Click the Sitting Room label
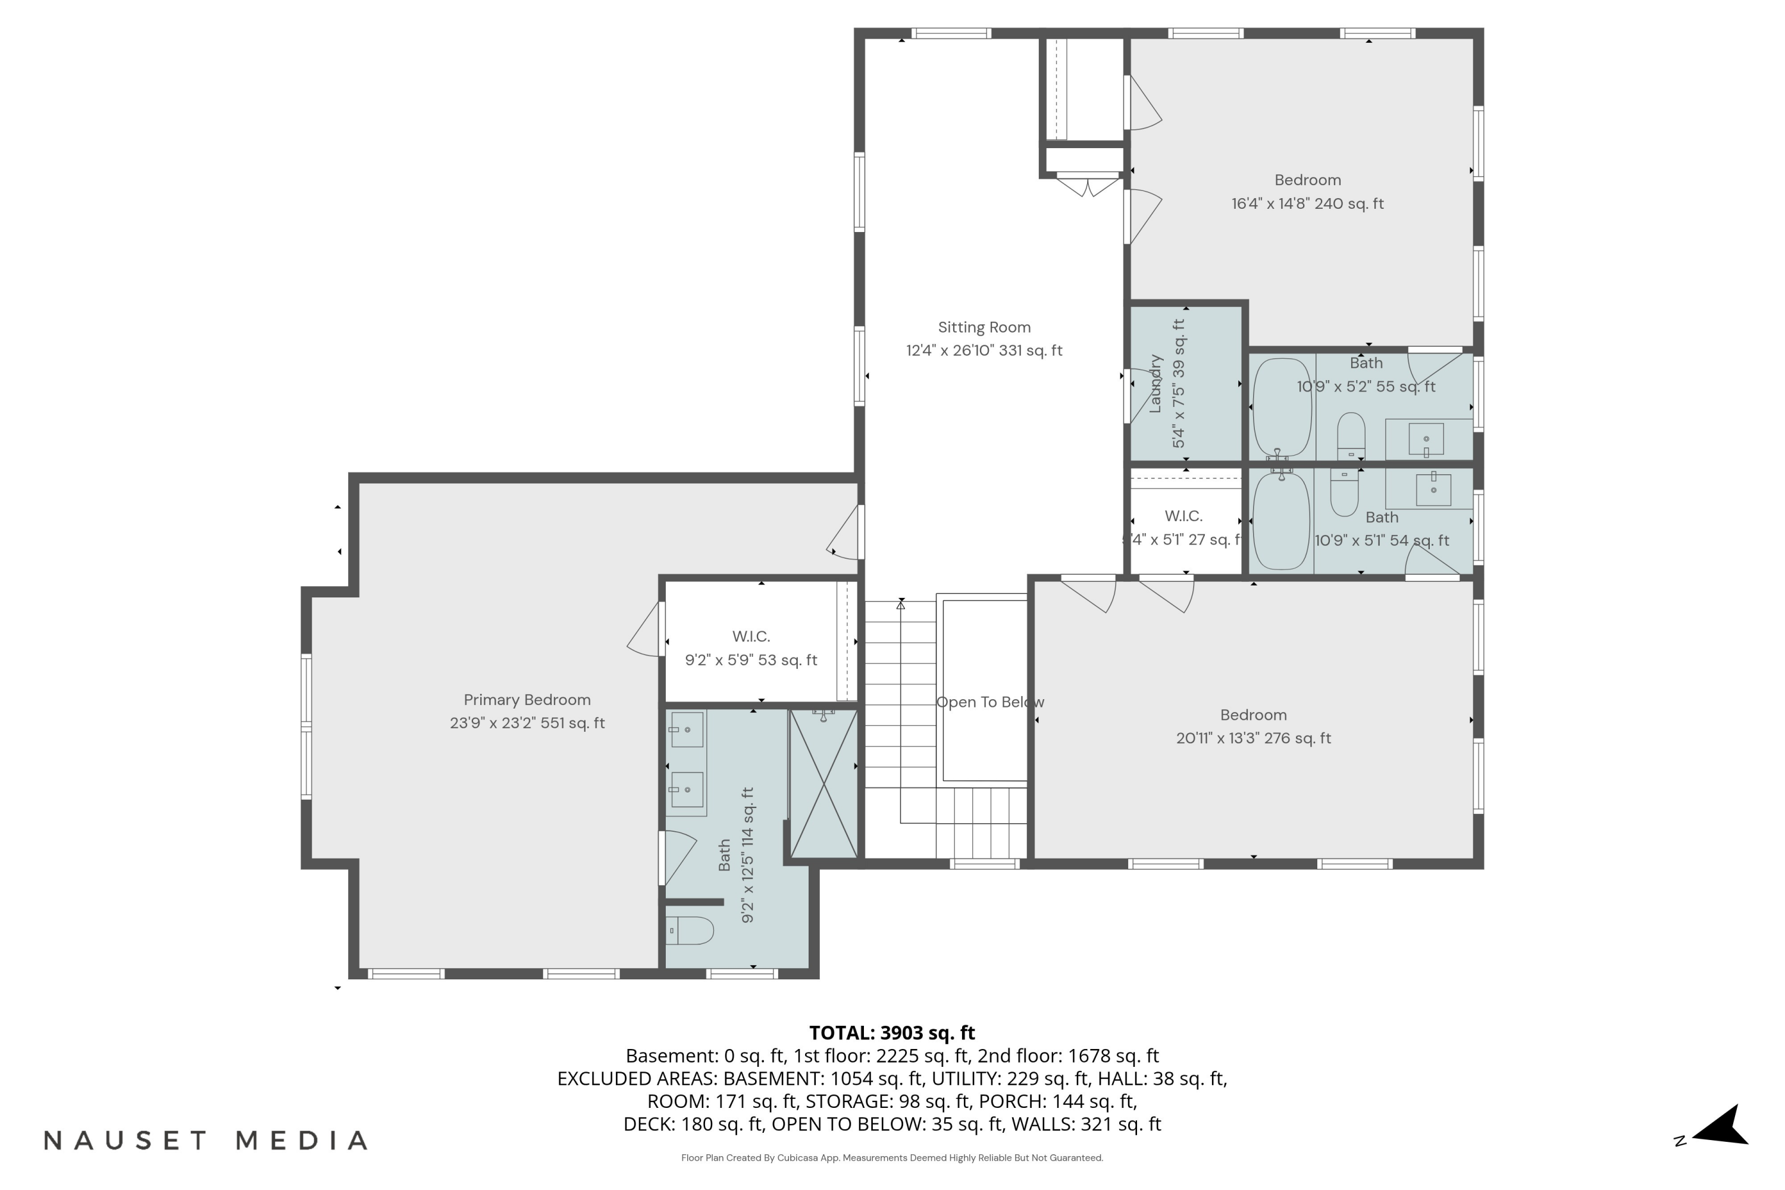pyautogui.click(x=984, y=327)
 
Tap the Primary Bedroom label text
pyautogui.click(x=527, y=700)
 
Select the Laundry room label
pyautogui.click(x=1155, y=383)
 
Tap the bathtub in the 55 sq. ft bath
pyautogui.click(x=1282, y=408)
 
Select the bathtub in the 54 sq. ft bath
pyautogui.click(x=1281, y=521)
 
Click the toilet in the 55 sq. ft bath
pyautogui.click(x=1351, y=436)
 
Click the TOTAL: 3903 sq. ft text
pyautogui.click(x=892, y=1032)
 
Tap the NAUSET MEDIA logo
pyautogui.click(x=206, y=1140)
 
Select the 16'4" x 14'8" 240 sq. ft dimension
pyautogui.click(x=1308, y=203)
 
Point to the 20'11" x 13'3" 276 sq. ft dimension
pyautogui.click(x=1254, y=738)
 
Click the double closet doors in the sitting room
pyautogui.click(x=1088, y=185)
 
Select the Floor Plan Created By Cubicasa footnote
pyautogui.click(x=892, y=1158)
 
